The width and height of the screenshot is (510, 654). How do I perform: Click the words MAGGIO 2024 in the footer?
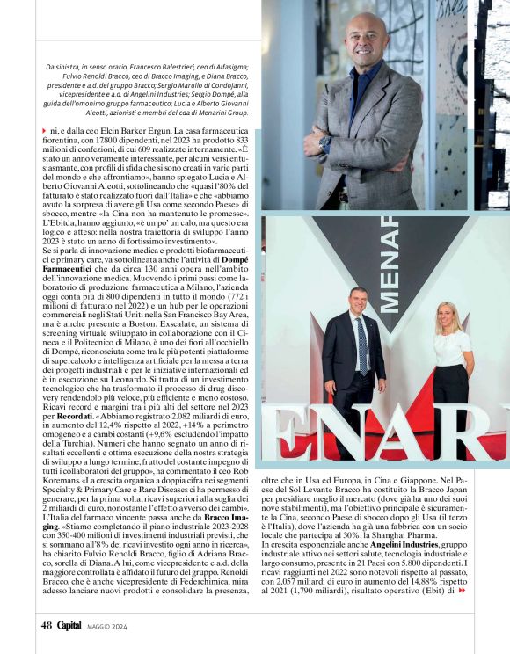pyautogui.click(x=106, y=627)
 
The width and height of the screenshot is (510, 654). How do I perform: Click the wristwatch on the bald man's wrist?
pyautogui.click(x=325, y=141)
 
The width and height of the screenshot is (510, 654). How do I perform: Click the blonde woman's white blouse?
pyautogui.click(x=452, y=348)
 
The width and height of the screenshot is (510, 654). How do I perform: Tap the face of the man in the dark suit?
pyautogui.click(x=358, y=302)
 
